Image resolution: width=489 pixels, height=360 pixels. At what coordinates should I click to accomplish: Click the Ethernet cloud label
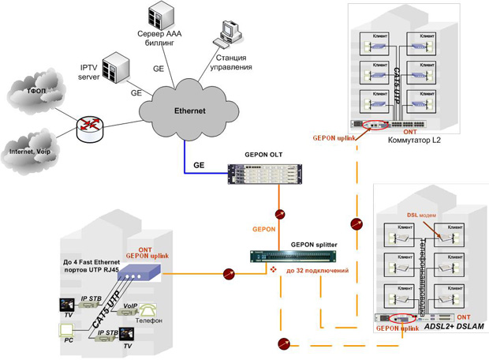point(189,111)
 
